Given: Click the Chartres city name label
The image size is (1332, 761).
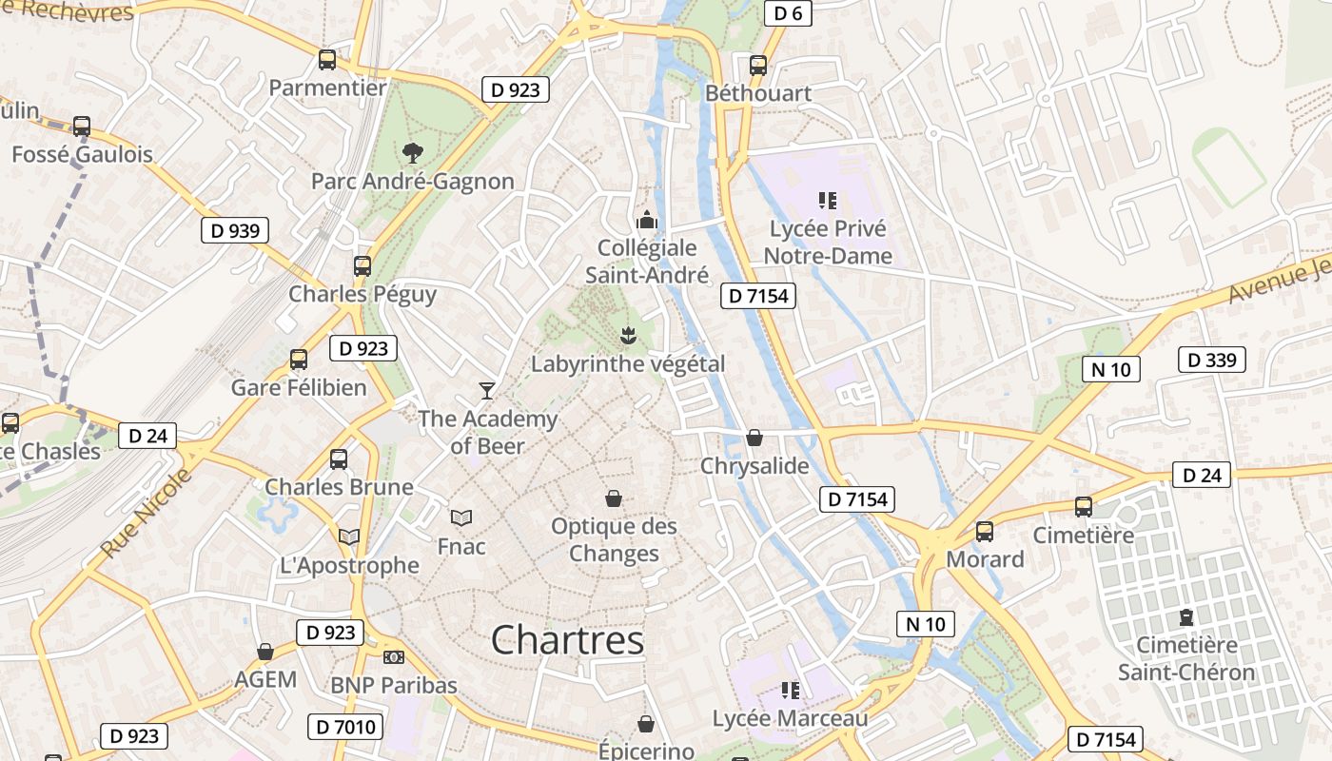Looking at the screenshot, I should [567, 640].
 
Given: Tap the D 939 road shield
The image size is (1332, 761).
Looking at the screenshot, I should [235, 230].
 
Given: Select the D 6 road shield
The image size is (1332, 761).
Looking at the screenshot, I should [788, 12].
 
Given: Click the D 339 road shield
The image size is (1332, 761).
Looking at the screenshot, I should [1211, 360].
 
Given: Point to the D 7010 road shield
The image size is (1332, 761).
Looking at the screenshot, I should [345, 728].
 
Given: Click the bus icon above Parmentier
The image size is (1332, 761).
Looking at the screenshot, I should [327, 60].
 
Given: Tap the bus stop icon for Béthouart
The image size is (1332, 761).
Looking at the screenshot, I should [758, 66].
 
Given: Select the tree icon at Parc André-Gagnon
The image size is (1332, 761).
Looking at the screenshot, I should [412, 152].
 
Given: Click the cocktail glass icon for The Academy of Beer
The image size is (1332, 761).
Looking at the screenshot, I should [487, 390].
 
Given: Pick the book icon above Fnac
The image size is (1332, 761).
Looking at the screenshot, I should [461, 517].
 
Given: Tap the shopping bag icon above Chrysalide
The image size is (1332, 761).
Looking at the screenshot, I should [754, 438].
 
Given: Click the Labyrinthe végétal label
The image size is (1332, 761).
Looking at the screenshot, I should [628, 363].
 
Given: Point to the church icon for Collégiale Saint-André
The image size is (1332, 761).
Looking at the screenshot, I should [647, 220].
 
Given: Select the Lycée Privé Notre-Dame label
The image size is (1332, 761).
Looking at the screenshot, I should [828, 243].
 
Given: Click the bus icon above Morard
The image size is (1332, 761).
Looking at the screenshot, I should [985, 531].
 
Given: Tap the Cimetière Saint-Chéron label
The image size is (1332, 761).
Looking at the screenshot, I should [1186, 658].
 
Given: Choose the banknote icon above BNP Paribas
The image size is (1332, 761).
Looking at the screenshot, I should [394, 656].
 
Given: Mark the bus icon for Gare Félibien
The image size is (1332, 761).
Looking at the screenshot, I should [299, 359].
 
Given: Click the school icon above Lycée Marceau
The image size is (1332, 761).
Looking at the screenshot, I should [790, 690].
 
